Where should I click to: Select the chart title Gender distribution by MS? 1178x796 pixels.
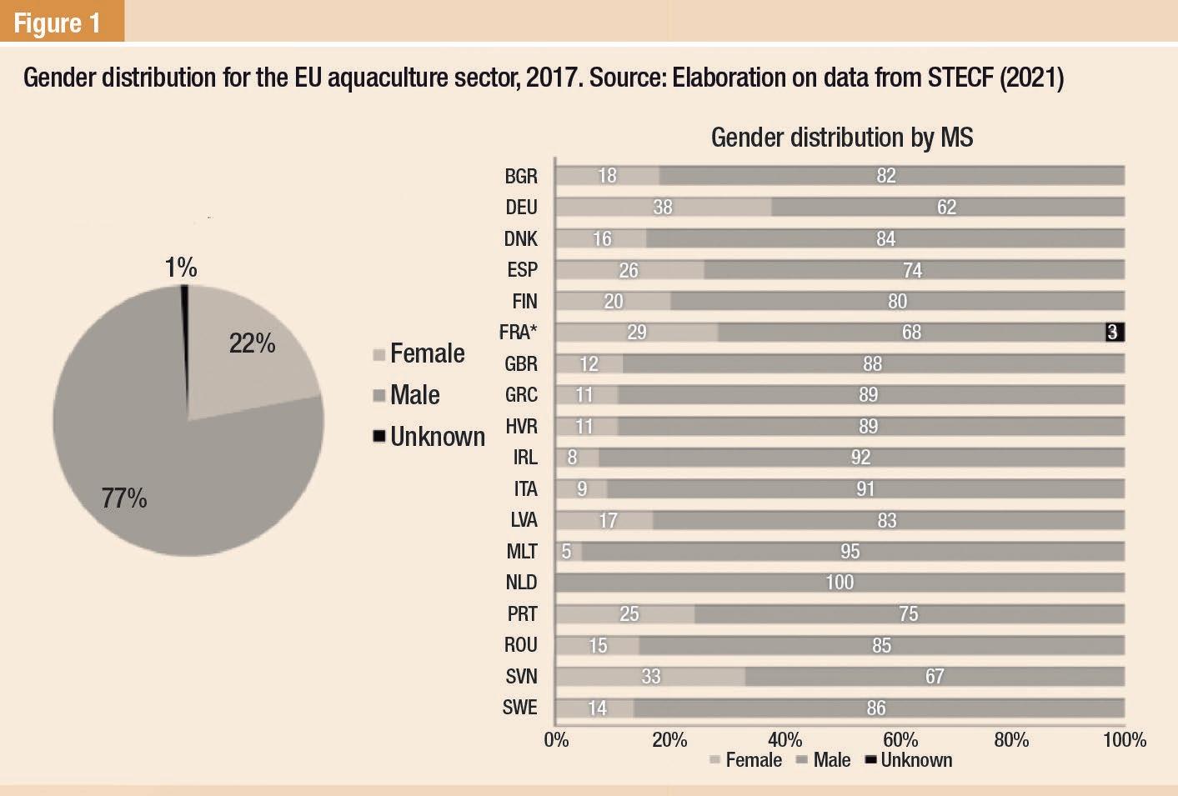841,138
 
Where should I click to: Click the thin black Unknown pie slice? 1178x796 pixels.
184,333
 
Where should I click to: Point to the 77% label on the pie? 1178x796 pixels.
124,498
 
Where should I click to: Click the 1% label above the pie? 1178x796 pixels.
180,268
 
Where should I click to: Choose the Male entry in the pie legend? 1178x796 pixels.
414,395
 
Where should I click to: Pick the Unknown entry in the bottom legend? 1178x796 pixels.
915,760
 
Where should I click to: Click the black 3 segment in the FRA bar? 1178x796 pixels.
1114,333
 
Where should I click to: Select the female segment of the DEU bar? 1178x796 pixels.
663,207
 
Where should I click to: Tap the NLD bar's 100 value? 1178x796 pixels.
840,583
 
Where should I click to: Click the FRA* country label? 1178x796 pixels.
518,333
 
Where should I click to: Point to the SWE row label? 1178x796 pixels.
520,708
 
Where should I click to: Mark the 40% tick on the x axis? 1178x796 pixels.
784,740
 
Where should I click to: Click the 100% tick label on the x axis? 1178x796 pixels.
1124,740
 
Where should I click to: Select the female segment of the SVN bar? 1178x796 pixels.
650,676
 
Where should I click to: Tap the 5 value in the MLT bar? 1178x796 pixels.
567,552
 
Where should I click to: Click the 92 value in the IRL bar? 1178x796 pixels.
860,458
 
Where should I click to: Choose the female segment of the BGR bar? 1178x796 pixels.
607,176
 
